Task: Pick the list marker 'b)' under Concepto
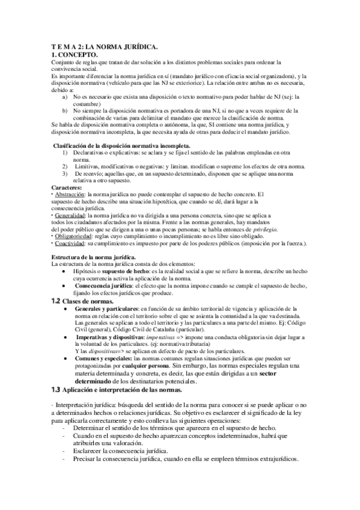pyautogui.click(x=65, y=111)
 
